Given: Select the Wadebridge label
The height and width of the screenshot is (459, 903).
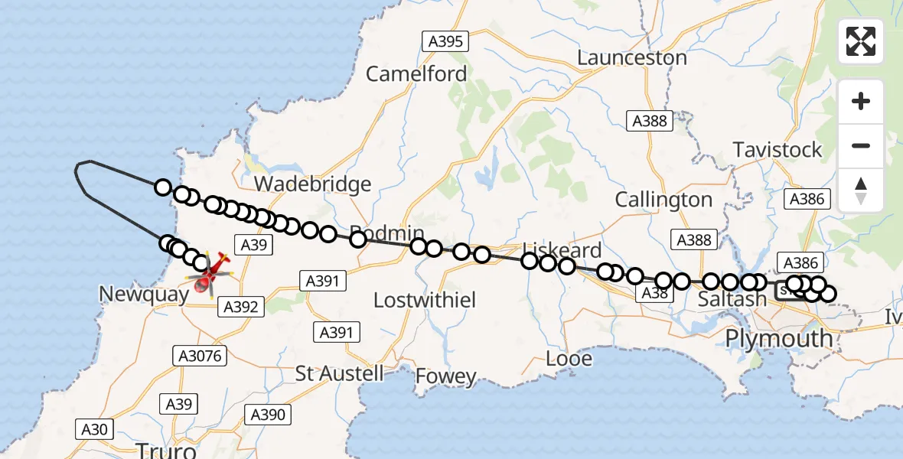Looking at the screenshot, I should [312, 184].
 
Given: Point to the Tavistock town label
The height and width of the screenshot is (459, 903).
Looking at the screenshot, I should [777, 149].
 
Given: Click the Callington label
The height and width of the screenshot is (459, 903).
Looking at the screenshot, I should [663, 200].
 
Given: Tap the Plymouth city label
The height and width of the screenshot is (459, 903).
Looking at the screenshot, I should [778, 338].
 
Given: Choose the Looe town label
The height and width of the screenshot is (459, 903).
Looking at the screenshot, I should [569, 358].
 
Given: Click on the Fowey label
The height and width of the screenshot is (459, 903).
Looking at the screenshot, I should [446, 376].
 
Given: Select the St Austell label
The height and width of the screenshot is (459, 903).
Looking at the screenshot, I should [340, 373].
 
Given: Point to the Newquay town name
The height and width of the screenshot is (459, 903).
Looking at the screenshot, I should [143, 295].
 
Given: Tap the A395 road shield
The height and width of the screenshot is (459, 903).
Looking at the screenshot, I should [445, 41].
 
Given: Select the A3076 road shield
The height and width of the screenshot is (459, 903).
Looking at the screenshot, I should [199, 356].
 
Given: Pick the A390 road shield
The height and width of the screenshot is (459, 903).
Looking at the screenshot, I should [268, 415].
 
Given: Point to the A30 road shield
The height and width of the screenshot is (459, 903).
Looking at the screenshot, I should [94, 429].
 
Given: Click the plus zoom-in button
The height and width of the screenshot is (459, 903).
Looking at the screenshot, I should [861, 101].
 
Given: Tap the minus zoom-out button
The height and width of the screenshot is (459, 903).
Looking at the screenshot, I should [861, 145].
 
